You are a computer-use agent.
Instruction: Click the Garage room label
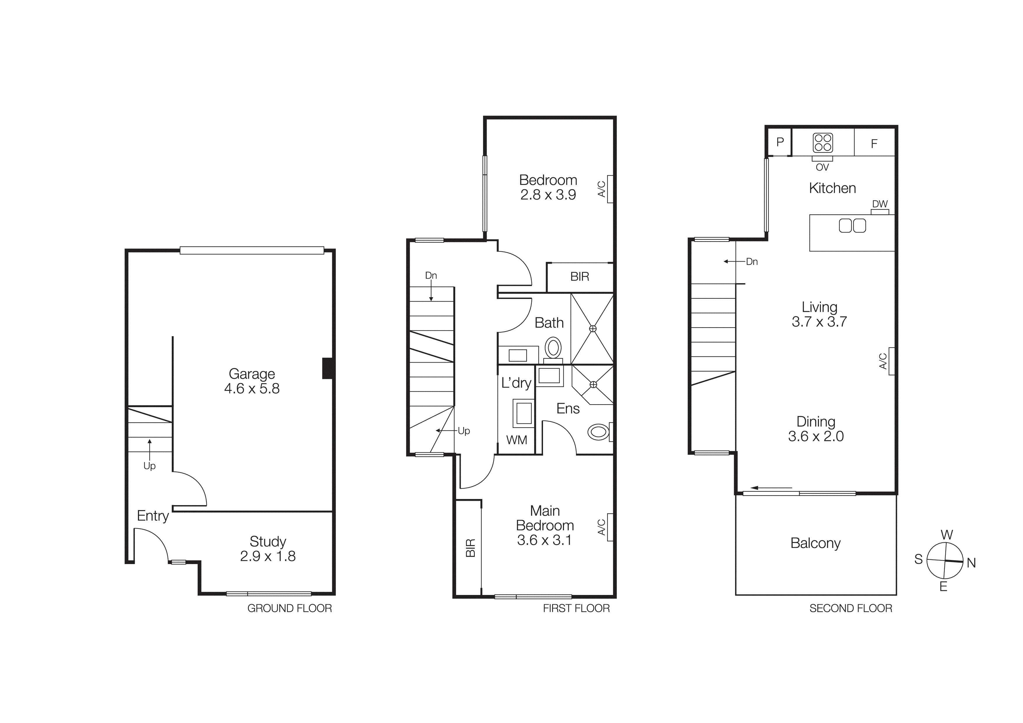[251, 374]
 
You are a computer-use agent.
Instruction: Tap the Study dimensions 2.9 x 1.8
[267, 556]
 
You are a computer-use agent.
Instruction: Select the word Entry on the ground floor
[153, 516]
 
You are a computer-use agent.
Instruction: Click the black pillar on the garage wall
[328, 368]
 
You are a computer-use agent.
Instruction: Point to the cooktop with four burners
[822, 143]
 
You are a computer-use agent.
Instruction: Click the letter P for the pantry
[780, 142]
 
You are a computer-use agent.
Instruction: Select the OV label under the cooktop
[822, 167]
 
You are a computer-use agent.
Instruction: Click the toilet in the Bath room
[553, 348]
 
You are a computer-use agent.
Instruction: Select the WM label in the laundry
[516, 440]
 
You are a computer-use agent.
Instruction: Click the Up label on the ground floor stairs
[149, 466]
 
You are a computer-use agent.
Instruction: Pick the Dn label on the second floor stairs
[752, 262]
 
